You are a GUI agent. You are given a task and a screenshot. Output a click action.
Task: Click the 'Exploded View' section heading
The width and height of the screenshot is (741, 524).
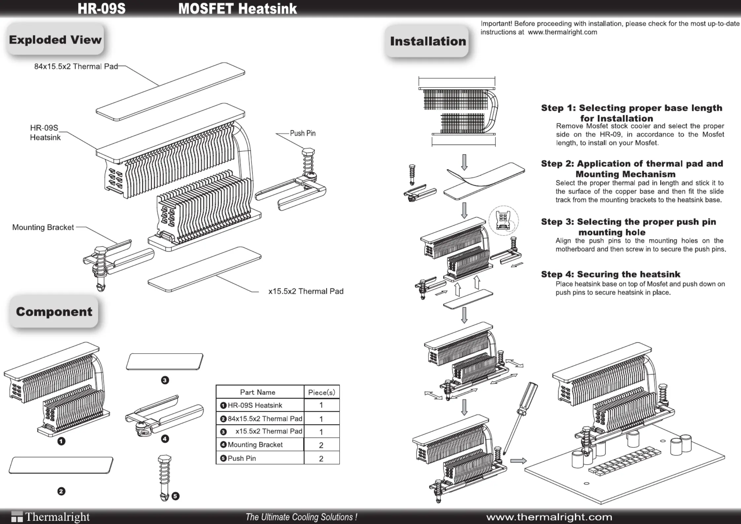coord(55,40)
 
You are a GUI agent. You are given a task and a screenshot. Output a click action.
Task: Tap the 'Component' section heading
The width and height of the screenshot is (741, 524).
coord(54,312)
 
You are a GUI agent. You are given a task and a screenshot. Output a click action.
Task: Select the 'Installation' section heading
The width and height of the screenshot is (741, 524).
coord(428,41)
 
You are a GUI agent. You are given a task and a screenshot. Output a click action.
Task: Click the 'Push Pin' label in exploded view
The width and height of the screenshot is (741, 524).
coord(303,133)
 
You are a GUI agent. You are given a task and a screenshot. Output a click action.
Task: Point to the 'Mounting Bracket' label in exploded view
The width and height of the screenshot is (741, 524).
coord(43,227)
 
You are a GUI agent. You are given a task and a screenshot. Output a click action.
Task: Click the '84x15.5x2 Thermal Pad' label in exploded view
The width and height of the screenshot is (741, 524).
coord(76,66)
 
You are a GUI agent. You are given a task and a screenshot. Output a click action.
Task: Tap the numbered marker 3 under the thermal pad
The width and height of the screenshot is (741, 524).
coord(165,380)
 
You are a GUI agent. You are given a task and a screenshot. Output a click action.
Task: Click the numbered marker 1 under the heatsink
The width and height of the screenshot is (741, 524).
coord(61,441)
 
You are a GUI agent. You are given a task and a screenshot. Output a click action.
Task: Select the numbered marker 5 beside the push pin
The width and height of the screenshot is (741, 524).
coord(176,496)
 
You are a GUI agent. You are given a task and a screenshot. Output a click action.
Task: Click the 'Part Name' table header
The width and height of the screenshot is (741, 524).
coord(257,392)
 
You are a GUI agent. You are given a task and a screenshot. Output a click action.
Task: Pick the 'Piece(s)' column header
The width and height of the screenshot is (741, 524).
coord(321,392)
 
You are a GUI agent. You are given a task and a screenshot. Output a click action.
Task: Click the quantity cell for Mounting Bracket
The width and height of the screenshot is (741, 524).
coord(321,445)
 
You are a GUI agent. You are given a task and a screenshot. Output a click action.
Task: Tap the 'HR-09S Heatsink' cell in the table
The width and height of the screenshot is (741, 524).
coord(255,405)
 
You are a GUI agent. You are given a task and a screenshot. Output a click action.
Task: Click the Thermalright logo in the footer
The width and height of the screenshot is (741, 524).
coord(51,516)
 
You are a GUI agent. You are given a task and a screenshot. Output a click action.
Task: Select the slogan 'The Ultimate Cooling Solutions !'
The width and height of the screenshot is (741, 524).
coord(301,517)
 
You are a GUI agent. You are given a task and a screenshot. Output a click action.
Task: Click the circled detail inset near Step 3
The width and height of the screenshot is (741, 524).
coord(503,221)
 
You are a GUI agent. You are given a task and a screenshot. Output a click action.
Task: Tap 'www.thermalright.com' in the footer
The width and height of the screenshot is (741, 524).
coord(549,517)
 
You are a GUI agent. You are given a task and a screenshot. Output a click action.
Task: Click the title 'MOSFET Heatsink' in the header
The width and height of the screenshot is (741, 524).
coord(238,9)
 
